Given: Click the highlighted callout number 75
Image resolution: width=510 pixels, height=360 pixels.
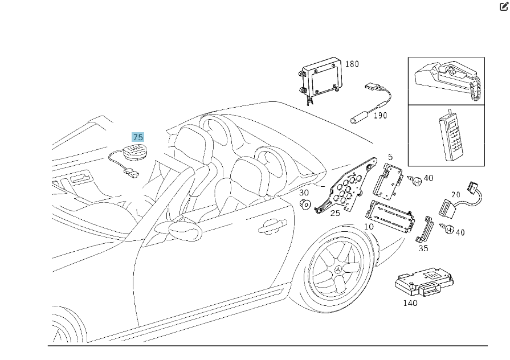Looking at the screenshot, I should pyautogui.click(x=138, y=137).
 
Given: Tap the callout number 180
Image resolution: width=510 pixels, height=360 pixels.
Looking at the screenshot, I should pyautogui.click(x=352, y=64).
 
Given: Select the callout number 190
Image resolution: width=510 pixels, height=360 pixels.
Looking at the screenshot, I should pyautogui.click(x=380, y=116).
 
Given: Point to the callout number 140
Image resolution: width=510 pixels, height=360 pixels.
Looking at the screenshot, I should pyautogui.click(x=410, y=303).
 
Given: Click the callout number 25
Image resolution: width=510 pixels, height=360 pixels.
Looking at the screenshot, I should pyautogui.click(x=335, y=213).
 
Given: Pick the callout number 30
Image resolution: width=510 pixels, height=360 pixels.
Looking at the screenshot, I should pyautogui.click(x=304, y=193).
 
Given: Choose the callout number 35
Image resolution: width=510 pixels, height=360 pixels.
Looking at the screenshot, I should pyautogui.click(x=423, y=248).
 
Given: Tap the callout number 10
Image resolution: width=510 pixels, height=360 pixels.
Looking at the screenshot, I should pyautogui.click(x=369, y=227).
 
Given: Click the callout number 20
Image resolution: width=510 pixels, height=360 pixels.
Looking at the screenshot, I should pyautogui.click(x=456, y=195).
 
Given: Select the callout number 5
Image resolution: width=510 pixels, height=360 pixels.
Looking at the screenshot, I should pyautogui.click(x=390, y=157).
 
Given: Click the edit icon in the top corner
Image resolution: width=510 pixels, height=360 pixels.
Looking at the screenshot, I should pyautogui.click(x=504, y=7).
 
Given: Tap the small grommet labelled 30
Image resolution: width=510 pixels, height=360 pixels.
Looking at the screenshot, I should pyautogui.click(x=305, y=205).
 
